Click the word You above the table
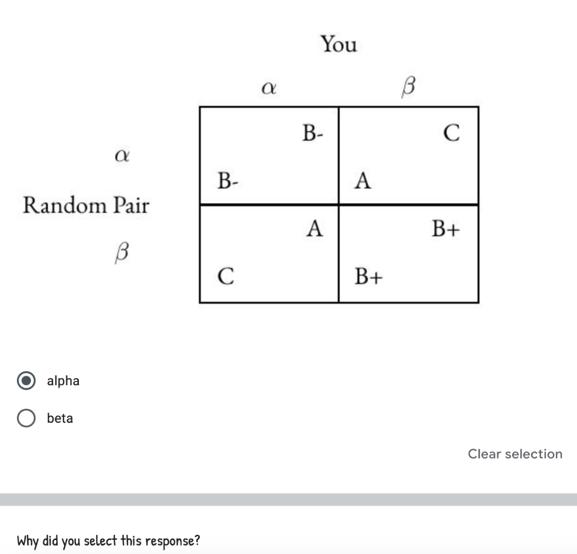(339, 44)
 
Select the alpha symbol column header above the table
(269, 88)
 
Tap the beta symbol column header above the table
(409, 87)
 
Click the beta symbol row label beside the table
(121, 252)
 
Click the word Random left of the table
(65, 205)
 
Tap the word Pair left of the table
(131, 205)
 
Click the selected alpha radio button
(26, 381)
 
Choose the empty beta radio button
(26, 418)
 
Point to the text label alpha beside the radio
(63, 381)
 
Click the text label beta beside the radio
(60, 418)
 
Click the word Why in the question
(28, 541)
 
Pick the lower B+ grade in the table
(369, 276)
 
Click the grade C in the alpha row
(451, 133)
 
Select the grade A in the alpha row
(363, 181)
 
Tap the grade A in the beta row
(315, 229)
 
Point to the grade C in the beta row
(225, 276)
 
